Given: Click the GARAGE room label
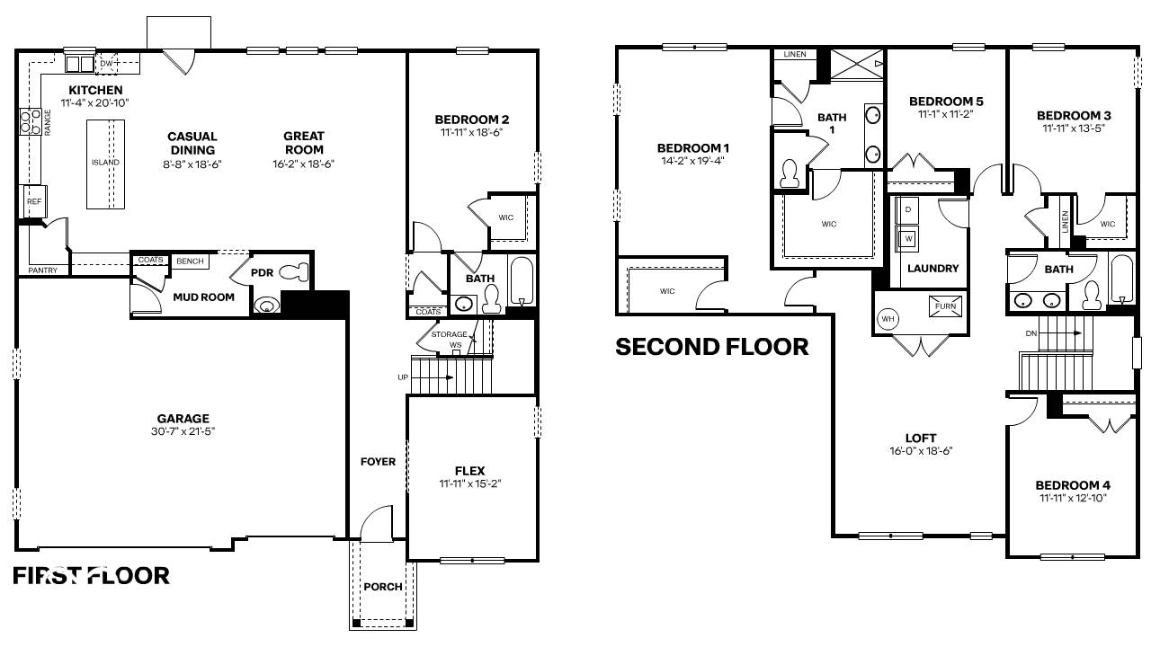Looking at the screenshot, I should pos(183,418).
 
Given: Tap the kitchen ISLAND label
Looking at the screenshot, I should pos(105,163).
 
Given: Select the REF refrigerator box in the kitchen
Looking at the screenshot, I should pos(34,202).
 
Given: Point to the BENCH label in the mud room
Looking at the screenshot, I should pos(190,261).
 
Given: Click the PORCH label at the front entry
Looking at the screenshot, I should pos(383,587).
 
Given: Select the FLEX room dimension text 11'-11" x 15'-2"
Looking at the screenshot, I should pos(469,484).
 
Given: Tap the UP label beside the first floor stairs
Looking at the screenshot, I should pos(402,377).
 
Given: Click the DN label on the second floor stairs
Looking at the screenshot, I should pos(1031,332).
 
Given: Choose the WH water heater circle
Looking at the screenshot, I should pos(888,319).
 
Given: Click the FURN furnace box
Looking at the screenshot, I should pos(945,306).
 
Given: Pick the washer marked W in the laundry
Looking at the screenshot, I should pos(908,239).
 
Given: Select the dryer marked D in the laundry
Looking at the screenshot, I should pos(908,209).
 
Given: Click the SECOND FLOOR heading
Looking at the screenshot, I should pos(711,346).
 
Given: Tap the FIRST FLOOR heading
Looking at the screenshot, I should pos(91,575).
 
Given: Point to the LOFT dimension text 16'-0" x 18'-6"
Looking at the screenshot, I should pos(922,451).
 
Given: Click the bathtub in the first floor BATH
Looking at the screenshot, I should pos(522,281).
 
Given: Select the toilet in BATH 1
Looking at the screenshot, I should pos(790,173).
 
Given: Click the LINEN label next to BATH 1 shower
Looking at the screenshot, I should pos(795,55).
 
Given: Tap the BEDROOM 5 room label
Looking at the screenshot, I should pos(946,101).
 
